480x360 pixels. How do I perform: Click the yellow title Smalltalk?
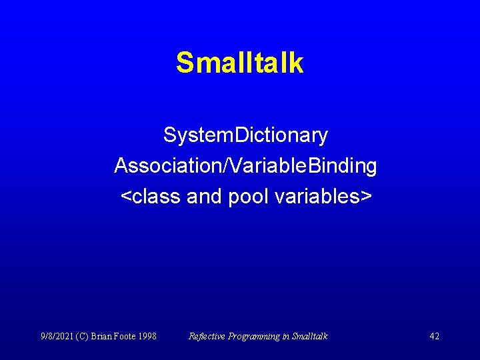click(x=239, y=63)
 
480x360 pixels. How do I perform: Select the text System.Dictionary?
click(x=245, y=136)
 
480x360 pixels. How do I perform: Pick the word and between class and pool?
click(x=204, y=197)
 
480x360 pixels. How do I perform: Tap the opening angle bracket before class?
click(x=125, y=197)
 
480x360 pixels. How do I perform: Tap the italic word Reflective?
click(x=207, y=336)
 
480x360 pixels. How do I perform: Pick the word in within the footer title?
click(x=285, y=336)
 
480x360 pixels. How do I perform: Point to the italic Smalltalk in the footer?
click(x=309, y=336)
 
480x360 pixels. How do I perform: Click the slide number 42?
click(x=434, y=336)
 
